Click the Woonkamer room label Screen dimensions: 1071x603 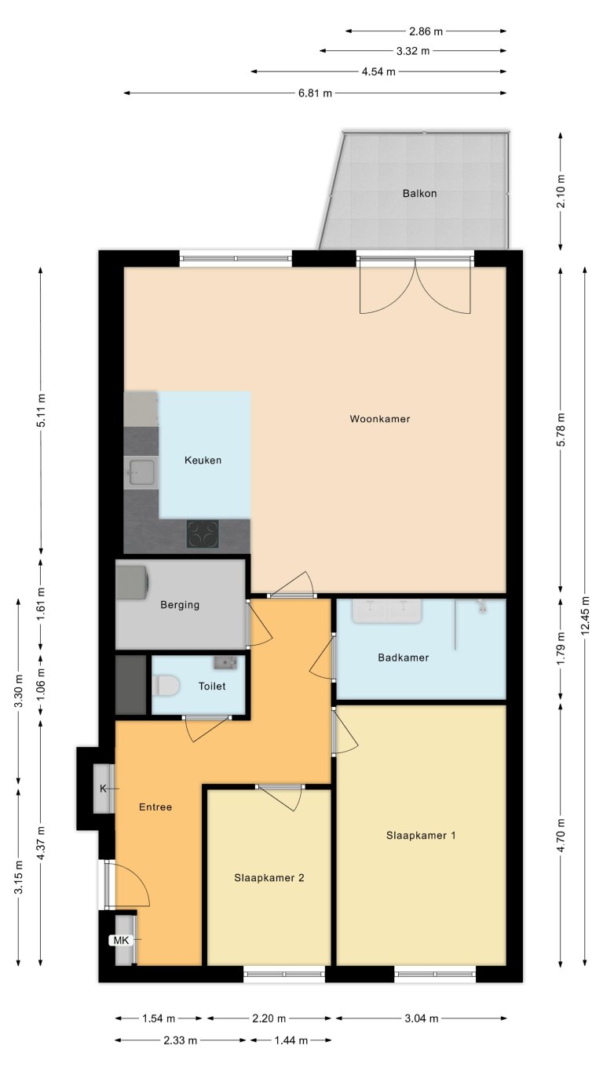[380, 419]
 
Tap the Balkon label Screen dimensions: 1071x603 [419, 193]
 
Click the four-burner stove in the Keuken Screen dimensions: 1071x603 [203, 534]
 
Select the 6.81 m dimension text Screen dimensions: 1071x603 [315, 93]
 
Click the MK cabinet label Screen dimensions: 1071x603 [121, 939]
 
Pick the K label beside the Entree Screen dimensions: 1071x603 [103, 788]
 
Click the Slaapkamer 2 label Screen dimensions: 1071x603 [269, 878]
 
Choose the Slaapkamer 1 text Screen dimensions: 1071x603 [421, 836]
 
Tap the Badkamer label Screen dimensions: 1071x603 [403, 658]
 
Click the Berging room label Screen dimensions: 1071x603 [180, 605]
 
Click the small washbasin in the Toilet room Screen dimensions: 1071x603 [225, 663]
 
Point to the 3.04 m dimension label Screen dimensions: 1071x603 [421, 1018]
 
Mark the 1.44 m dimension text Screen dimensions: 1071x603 [290, 1040]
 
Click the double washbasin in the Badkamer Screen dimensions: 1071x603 [387, 610]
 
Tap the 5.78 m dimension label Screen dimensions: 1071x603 [560, 430]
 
